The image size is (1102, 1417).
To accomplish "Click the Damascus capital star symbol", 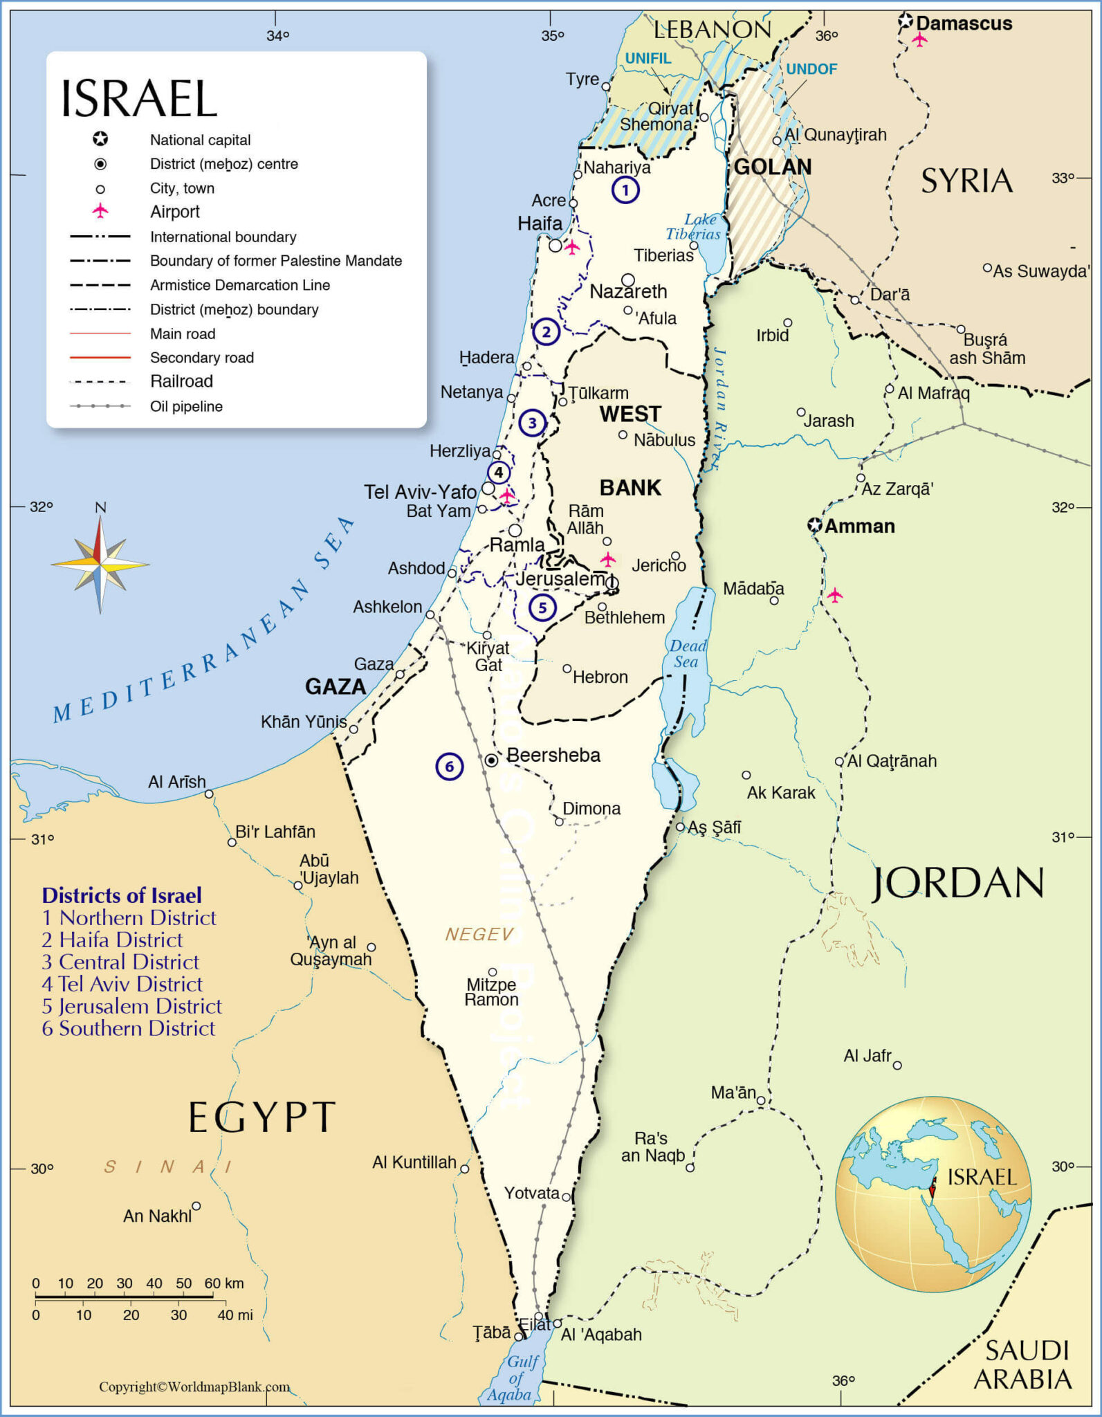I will tap(906, 21).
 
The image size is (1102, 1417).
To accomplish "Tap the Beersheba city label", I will tap(553, 755).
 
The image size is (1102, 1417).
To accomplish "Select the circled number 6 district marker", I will tap(449, 766).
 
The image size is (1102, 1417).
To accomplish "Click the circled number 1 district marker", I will tap(625, 190).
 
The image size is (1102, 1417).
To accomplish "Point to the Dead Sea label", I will tap(687, 654).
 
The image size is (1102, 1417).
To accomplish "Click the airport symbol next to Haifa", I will tap(572, 246).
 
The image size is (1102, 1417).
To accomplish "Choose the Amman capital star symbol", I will tap(816, 525).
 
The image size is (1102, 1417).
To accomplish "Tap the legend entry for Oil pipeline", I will tap(186, 406).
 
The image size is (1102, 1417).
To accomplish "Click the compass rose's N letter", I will tap(100, 507).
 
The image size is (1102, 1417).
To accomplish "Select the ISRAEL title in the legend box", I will tap(139, 98).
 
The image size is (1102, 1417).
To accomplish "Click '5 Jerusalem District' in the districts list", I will tap(131, 1006).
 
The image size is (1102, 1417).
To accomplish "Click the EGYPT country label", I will tap(261, 1117).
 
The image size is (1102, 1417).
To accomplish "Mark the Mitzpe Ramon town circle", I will tap(493, 972).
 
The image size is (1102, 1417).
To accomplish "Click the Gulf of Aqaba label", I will tap(517, 1378).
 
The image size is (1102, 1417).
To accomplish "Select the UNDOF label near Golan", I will tap(811, 69).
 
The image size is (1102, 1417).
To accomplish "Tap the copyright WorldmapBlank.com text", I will tap(194, 1387).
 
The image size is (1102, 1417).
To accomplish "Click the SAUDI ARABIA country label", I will tap(1023, 1364).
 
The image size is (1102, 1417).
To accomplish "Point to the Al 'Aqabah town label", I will tap(601, 1335).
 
